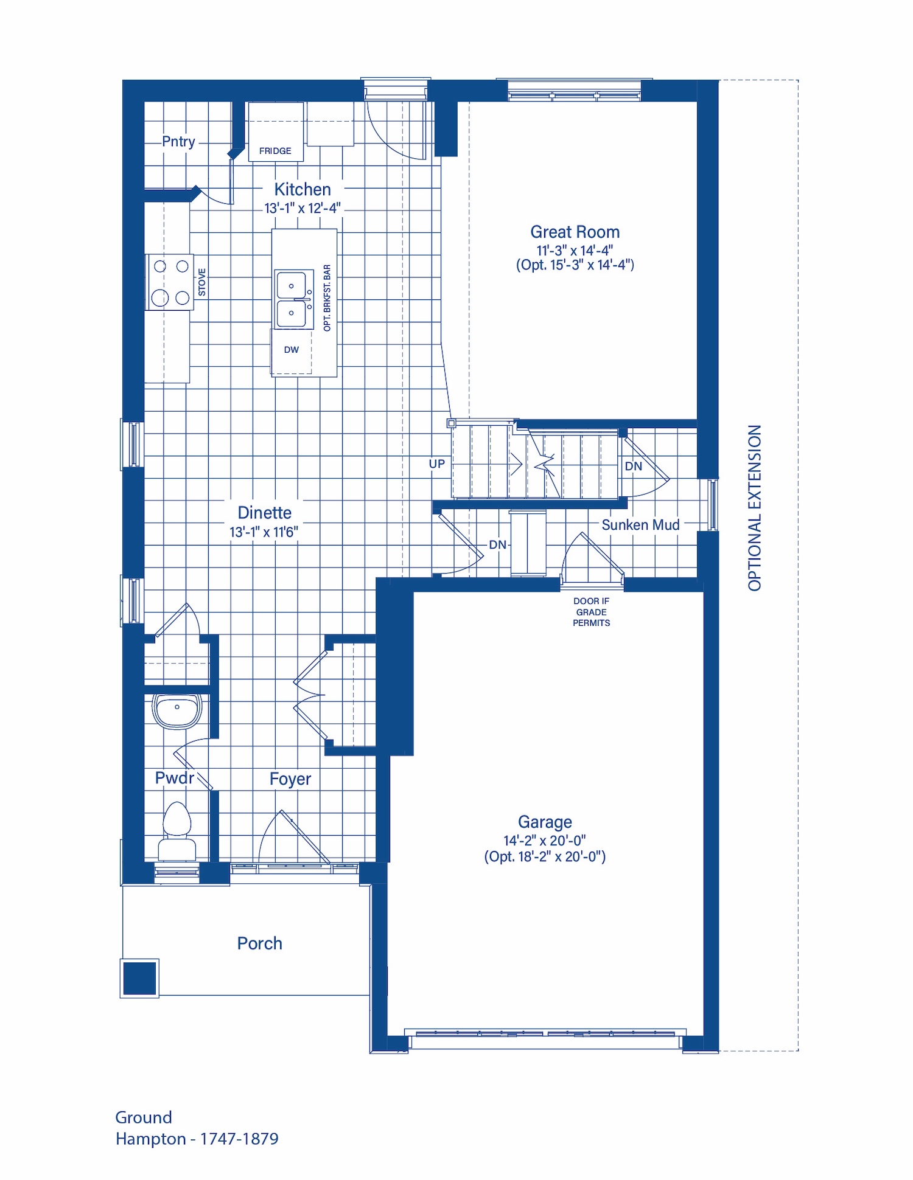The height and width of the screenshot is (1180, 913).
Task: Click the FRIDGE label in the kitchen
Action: tap(275, 151)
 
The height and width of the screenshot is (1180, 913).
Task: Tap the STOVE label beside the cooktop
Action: tap(202, 282)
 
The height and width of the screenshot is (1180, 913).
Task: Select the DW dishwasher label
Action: tap(292, 350)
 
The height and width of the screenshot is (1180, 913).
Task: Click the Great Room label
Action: tap(575, 232)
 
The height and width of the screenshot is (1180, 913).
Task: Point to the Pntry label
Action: tap(178, 142)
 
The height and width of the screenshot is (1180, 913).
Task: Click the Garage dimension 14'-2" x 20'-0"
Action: tap(545, 840)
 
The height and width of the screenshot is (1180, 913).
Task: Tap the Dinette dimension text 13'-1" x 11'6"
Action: tap(264, 532)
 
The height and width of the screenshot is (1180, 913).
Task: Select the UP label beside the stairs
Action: tap(437, 464)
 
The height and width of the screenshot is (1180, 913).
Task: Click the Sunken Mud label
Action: tap(640, 525)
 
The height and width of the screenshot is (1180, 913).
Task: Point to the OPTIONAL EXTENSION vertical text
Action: tap(755, 508)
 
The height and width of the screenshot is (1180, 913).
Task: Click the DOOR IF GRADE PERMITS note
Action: tap(591, 612)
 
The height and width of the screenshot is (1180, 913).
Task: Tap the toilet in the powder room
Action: tap(177, 831)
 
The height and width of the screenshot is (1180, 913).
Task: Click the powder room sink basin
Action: tap(177, 710)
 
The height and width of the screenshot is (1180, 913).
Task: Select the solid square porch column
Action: tap(140, 979)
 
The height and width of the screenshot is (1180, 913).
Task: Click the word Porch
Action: tap(260, 943)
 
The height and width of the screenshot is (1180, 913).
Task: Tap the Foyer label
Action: tap(290, 779)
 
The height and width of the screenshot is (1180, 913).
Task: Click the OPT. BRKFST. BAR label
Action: tap(327, 297)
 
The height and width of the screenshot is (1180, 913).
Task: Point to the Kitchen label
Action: tap(303, 189)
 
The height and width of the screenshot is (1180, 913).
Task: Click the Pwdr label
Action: tap(175, 778)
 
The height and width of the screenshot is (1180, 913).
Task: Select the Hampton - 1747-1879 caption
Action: tap(197, 1139)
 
